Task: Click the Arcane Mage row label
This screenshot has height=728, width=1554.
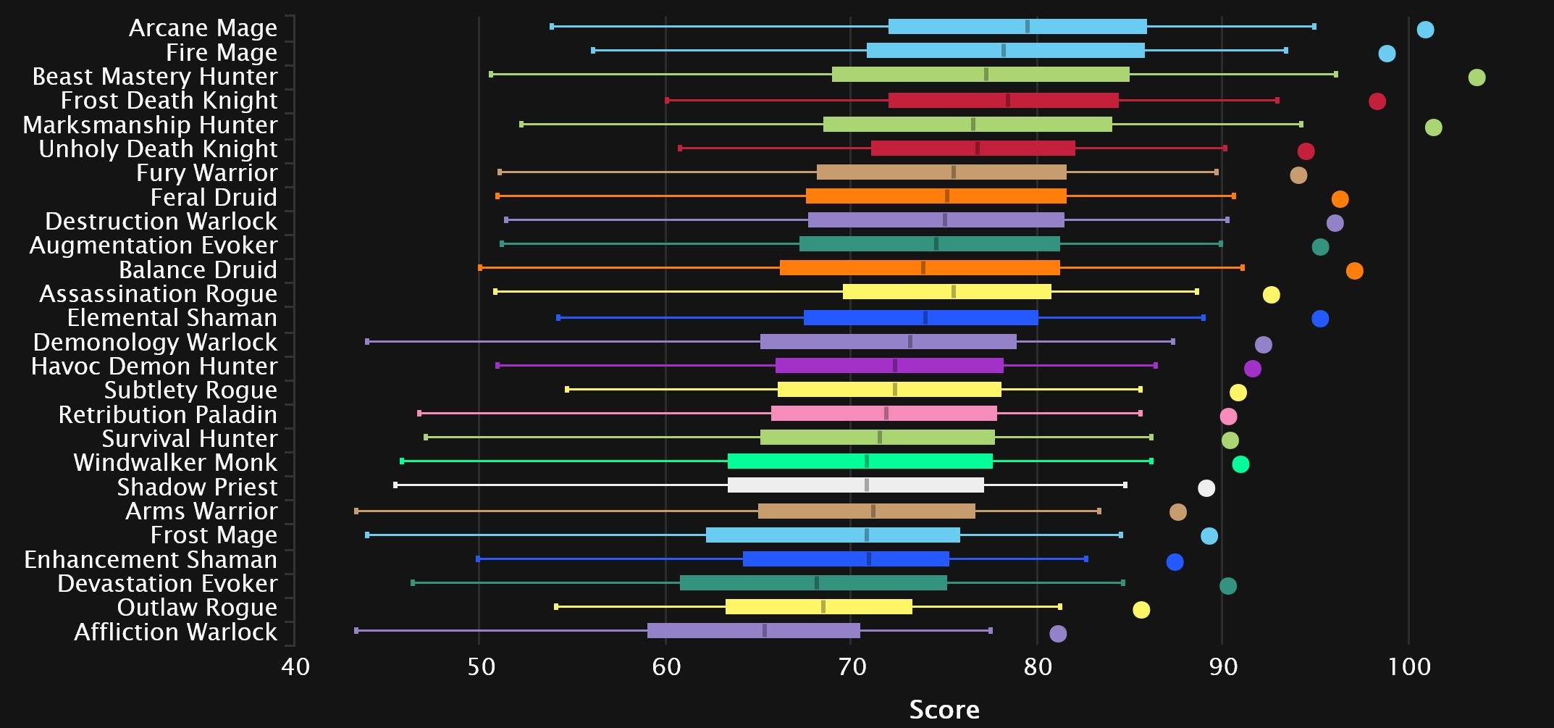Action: coord(203,28)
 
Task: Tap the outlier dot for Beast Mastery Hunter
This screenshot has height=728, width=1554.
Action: coord(1477,78)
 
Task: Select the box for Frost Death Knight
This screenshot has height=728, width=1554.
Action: coord(1003,101)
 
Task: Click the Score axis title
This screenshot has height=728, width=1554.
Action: coord(944,709)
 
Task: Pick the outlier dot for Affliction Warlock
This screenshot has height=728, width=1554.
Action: coord(1058,634)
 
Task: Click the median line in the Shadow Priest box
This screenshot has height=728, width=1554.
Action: coord(867,485)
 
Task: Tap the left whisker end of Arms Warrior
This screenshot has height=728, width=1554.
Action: coord(356,511)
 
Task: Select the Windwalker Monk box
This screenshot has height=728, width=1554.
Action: coord(860,461)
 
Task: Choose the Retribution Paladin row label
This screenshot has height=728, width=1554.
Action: coord(167,415)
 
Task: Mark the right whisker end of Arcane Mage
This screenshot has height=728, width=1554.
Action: coord(1314,27)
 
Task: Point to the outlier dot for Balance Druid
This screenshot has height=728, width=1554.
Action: coord(1354,271)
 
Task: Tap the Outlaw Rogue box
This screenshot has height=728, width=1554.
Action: coord(818,607)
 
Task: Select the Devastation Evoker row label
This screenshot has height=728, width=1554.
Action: coord(167,584)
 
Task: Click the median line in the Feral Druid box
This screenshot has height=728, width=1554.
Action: coord(946,196)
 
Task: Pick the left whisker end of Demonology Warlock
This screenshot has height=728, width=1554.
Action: coord(368,341)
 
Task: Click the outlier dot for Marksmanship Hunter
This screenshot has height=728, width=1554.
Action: coord(1433,127)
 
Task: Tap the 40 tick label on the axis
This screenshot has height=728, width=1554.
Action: coord(295,666)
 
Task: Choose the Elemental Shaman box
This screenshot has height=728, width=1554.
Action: coord(920,318)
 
